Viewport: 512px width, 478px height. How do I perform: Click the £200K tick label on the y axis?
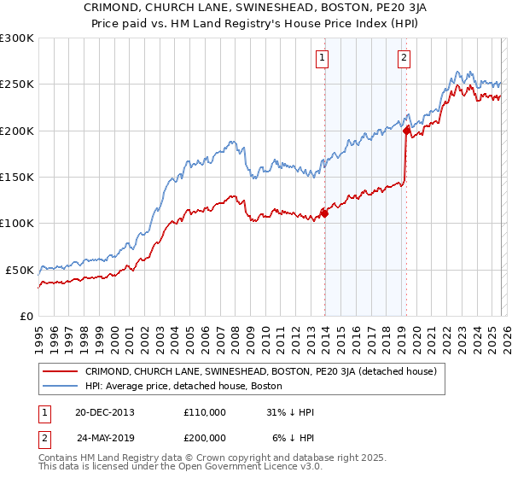click(17, 131)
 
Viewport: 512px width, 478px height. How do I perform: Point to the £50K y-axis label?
click(20, 270)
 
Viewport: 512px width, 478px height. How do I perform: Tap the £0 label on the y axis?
click(27, 316)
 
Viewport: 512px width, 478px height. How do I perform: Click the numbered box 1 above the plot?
click(323, 58)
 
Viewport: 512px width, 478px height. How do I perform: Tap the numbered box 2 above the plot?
click(403, 58)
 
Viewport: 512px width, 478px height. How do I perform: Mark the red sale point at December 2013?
click(324, 213)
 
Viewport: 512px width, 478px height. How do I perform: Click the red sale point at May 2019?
click(406, 131)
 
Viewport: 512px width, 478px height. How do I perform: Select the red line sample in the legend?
click(61, 371)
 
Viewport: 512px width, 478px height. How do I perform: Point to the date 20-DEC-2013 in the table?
click(105, 412)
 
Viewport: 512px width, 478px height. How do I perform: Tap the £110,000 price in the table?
click(204, 412)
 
